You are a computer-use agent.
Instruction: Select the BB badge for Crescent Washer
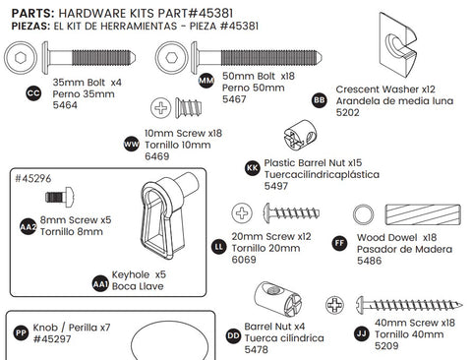(319, 99)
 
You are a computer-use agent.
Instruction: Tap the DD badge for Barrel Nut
(233, 334)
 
